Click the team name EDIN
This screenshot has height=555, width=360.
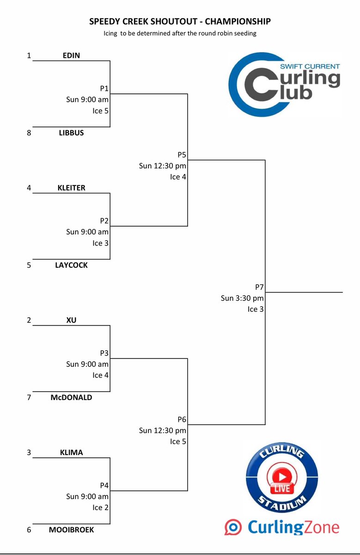71,55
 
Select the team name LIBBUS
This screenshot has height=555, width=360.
71,133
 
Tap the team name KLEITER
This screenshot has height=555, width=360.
71,188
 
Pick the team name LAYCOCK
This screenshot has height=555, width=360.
71,265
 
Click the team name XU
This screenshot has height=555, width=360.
71,320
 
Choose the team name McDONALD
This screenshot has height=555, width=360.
71,397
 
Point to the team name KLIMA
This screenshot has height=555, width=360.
71,452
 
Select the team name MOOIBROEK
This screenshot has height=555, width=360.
71,530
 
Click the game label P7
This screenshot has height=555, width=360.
259,287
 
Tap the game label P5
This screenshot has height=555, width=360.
182,155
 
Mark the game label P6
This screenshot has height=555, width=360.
182,419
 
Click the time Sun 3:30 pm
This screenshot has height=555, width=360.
242,298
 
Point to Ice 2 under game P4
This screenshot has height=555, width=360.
101,507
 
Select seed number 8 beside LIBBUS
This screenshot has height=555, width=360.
29,133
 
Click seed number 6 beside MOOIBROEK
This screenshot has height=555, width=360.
29,530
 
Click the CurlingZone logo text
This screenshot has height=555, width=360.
293,527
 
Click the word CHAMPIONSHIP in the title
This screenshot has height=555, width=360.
238,21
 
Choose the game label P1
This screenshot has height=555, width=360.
104,88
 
